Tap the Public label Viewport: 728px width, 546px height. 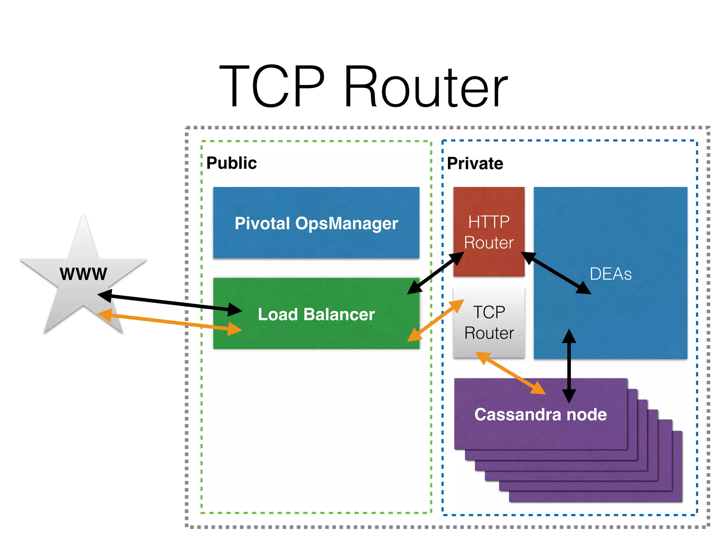231,163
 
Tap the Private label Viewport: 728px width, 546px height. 475,164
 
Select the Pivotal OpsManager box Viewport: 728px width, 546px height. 316,223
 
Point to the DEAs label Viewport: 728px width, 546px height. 610,274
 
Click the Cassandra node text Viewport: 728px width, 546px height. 540,414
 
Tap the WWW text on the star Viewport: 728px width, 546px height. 83,274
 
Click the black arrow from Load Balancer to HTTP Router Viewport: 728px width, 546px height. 436,273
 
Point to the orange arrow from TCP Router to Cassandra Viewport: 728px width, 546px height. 510,373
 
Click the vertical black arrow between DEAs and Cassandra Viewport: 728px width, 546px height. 569,366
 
